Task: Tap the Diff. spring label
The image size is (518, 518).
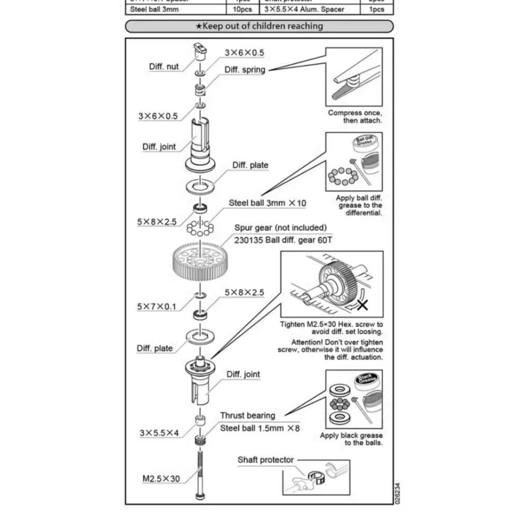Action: (x=244, y=70)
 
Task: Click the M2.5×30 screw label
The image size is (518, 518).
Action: (x=161, y=479)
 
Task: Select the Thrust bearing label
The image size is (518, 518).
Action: (x=248, y=415)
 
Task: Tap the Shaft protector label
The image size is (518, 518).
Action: (x=265, y=459)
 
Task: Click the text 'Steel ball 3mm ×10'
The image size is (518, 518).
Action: (x=267, y=203)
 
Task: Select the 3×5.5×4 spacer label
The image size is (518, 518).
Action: (x=159, y=432)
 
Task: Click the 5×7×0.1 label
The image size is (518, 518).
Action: (x=156, y=307)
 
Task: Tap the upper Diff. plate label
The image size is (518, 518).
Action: (x=250, y=165)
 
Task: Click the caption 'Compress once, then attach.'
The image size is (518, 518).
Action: (x=355, y=117)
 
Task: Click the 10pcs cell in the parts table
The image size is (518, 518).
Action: (x=242, y=9)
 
